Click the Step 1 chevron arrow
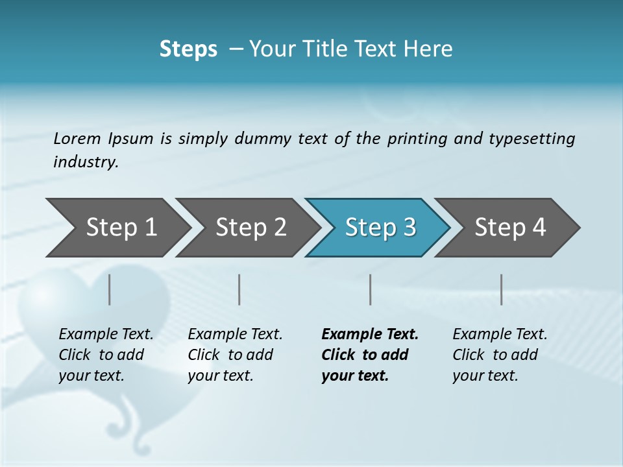tap(121, 227)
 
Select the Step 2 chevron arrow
tap(250, 227)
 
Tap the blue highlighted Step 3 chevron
tap(380, 227)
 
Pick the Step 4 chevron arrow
tap(510, 227)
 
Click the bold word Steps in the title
tap(188, 49)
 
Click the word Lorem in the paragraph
tap(77, 138)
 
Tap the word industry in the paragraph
tap(86, 162)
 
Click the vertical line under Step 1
tap(109, 289)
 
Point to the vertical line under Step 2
tap(239, 289)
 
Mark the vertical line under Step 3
tap(370, 289)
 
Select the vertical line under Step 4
tap(501, 289)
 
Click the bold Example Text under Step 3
tap(370, 355)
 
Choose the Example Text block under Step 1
tap(106, 355)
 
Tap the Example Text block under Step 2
tap(235, 355)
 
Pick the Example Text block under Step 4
tap(500, 355)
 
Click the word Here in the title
tap(431, 49)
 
